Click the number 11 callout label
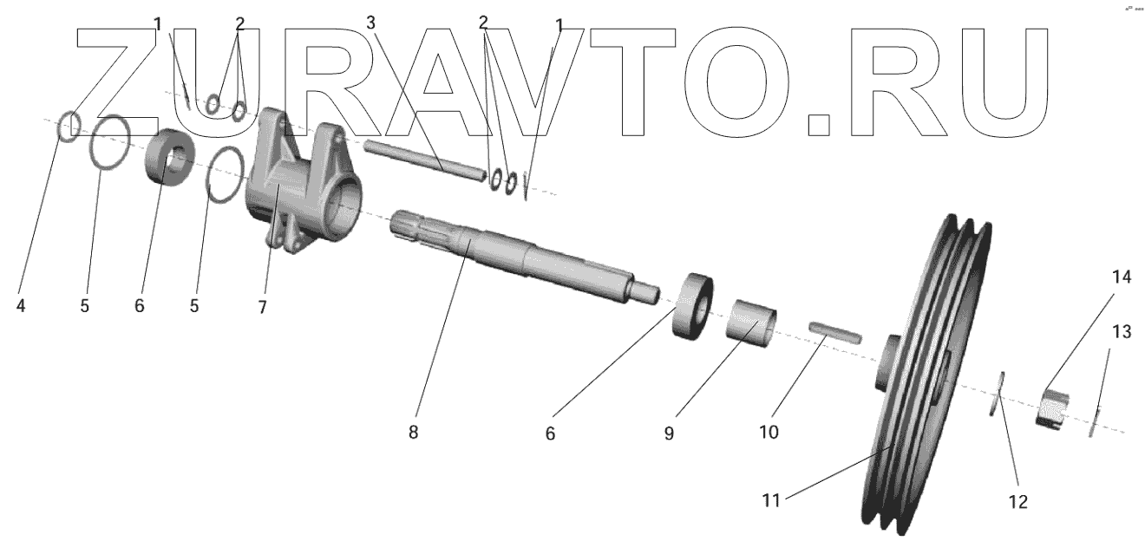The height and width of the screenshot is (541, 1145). (x=772, y=499)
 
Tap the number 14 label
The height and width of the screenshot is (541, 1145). (x=1122, y=277)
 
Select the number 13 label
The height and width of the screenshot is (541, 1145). (x=1122, y=331)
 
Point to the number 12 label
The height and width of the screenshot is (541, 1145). (x=1017, y=501)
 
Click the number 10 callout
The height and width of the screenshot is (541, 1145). (x=770, y=431)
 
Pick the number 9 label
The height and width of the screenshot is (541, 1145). (x=669, y=433)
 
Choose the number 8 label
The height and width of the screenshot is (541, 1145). (x=413, y=431)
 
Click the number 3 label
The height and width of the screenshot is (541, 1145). (x=371, y=23)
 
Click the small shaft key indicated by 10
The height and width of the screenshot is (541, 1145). (x=834, y=330)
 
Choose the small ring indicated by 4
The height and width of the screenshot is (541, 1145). (x=69, y=127)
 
